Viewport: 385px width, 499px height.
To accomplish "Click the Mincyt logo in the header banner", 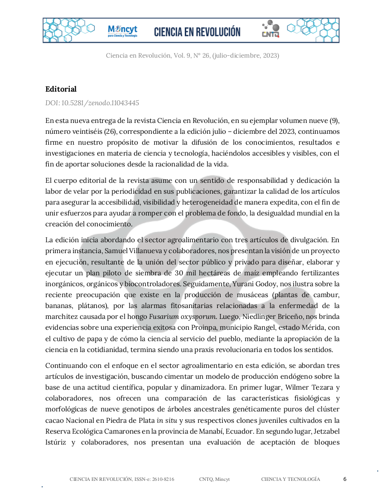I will (122, 31).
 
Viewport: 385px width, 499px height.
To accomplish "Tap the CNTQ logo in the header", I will (270, 29).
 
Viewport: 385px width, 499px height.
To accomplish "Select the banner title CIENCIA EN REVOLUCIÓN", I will (197, 32).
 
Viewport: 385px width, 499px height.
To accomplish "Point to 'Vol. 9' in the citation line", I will (182, 56).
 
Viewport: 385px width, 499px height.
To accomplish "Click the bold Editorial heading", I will (61, 89).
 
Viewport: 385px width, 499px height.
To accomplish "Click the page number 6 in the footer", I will (345, 479).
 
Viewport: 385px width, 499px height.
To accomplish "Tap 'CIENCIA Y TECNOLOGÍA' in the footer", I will (290, 479).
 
